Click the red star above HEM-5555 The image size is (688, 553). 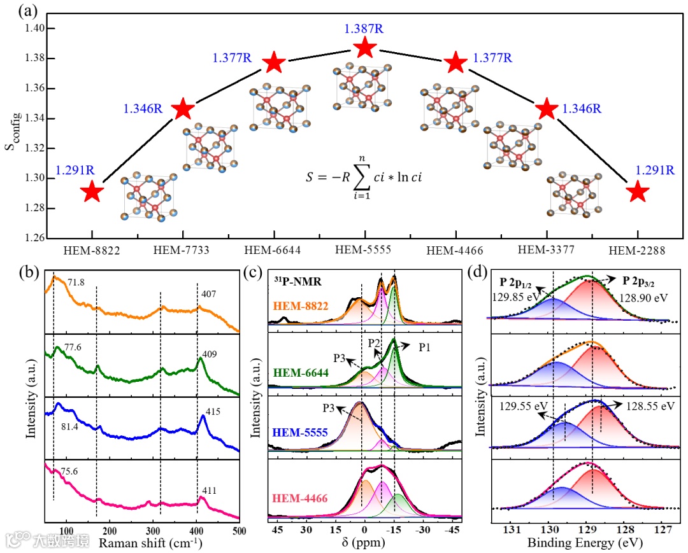coord(364,47)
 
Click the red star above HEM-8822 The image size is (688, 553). coord(92,192)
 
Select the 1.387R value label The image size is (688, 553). coord(364,29)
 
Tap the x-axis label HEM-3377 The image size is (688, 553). coord(546,251)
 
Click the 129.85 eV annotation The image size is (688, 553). coord(512,296)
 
